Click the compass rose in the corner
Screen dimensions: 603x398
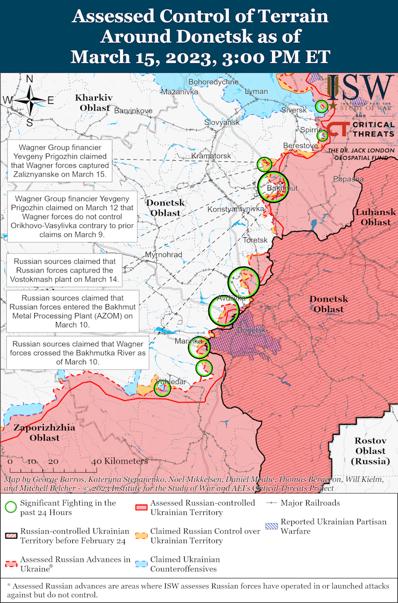[x=30, y=100]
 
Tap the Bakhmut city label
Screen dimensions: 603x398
[x=282, y=188]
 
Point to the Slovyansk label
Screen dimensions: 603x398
[x=222, y=122]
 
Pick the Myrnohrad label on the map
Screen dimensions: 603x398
[x=164, y=255]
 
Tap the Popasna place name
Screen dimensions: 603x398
[x=348, y=179]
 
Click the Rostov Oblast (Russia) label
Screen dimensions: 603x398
[x=370, y=451]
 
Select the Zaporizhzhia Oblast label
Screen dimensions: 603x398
[x=44, y=433]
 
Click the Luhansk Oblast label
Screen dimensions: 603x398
[x=375, y=217]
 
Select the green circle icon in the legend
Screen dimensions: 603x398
[x=11, y=507]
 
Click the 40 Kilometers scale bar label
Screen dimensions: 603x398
[x=122, y=461]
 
